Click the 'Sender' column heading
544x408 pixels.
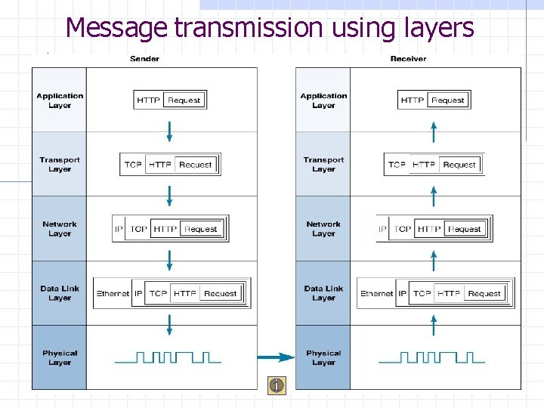pyautogui.click(x=144, y=59)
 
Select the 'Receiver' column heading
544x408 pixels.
pyautogui.click(x=408, y=59)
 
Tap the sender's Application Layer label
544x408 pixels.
pyautogui.click(x=60, y=100)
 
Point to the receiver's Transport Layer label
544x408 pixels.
pyautogui.click(x=323, y=165)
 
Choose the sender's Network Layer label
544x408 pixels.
pyautogui.click(x=60, y=229)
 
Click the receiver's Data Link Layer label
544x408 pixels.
pyautogui.click(x=323, y=293)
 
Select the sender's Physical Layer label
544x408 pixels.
pyautogui.click(x=60, y=357)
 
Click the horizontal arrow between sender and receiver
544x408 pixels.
pyautogui.click(x=276, y=357)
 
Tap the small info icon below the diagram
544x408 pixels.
pyautogui.click(x=277, y=385)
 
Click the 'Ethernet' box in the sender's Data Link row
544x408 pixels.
pyautogui.click(x=113, y=293)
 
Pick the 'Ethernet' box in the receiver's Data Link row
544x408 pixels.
pyautogui.click(x=376, y=293)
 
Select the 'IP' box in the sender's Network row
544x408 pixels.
pyautogui.click(x=119, y=229)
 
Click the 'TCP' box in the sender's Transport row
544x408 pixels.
pyautogui.click(x=133, y=165)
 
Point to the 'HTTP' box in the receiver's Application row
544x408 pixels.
pyautogui.click(x=413, y=100)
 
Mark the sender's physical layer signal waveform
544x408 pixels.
pyautogui.click(x=168, y=357)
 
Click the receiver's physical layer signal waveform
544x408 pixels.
pyautogui.click(x=432, y=357)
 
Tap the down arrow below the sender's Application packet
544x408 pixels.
pyautogui.click(x=169, y=131)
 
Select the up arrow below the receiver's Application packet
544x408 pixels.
pyautogui.click(x=433, y=131)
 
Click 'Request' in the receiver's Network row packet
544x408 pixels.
pyautogui.click(x=465, y=229)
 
